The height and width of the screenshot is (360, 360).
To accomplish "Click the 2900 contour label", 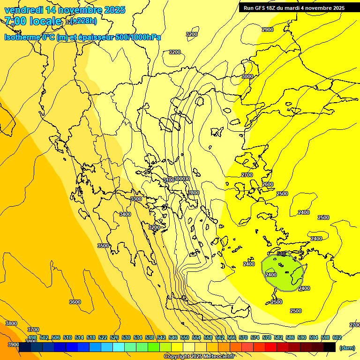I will [268, 30].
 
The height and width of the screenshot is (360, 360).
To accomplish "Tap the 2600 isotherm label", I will [268, 184].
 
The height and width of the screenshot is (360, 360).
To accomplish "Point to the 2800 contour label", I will [194, 193].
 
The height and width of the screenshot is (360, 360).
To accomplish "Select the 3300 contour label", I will [136, 199].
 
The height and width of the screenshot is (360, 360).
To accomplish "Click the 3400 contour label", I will [125, 214].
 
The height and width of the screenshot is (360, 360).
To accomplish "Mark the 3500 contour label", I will [103, 246].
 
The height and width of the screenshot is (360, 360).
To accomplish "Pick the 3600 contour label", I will [75, 302].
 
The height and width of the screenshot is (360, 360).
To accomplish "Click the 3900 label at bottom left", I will [13, 345].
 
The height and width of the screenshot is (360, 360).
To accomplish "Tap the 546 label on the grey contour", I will [281, 254].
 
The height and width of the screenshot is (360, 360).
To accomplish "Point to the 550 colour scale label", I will [185, 337].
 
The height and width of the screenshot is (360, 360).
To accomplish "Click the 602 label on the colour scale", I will [337, 337].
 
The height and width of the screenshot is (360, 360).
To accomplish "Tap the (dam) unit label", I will [347, 348].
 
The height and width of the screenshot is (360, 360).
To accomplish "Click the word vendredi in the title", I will [22, 10].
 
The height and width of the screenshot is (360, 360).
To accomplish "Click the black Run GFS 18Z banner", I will [294, 7].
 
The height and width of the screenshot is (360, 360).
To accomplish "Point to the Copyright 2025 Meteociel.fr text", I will [199, 357].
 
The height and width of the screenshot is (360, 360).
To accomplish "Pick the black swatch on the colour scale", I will [330, 347].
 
